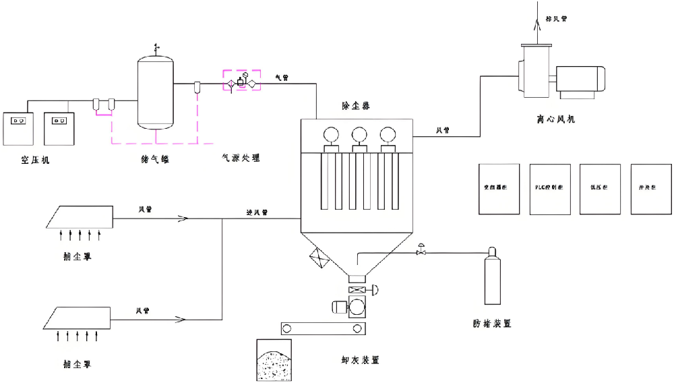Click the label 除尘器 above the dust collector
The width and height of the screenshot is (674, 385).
click(355, 106)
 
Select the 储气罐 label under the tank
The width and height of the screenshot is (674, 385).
click(154, 160)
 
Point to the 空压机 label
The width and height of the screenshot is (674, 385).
click(34, 160)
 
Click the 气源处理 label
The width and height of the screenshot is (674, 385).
click(241, 158)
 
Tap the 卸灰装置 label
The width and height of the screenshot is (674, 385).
click(361, 360)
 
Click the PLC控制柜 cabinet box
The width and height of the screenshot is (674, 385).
click(550, 189)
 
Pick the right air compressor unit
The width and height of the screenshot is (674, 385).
click(61, 127)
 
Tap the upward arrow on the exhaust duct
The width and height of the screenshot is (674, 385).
click(538, 23)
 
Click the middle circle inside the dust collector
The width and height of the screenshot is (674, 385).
click(359, 135)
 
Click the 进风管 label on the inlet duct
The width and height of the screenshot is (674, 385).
click(257, 212)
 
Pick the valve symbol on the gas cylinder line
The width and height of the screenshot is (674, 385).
click(421, 250)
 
